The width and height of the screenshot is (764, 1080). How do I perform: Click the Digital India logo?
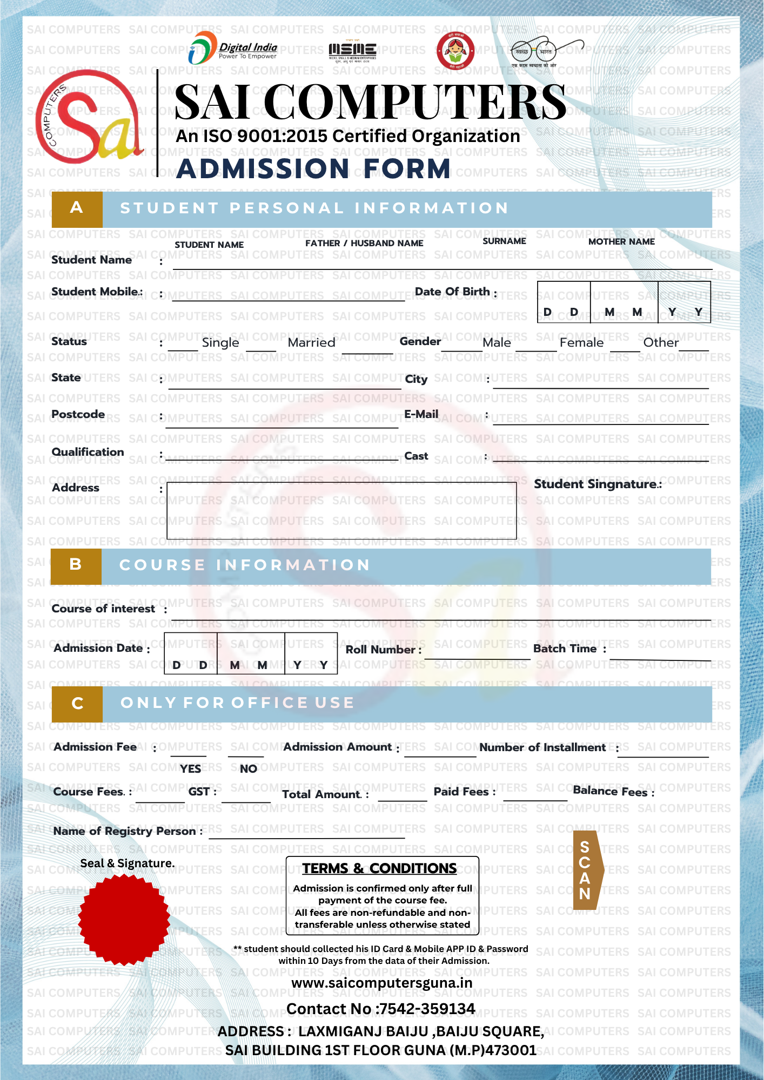pyautogui.click(x=233, y=49)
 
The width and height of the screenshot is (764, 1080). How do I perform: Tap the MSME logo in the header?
pyautogui.click(x=353, y=52)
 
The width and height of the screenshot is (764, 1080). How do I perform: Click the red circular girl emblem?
pyautogui.click(x=455, y=51)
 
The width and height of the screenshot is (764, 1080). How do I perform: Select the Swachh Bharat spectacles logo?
pyautogui.click(x=533, y=52)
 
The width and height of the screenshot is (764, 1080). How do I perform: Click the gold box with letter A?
pyautogui.click(x=77, y=208)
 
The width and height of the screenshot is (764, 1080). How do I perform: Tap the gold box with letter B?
pyautogui.click(x=76, y=565)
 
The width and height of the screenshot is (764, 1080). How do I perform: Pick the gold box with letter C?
pyautogui.click(x=77, y=704)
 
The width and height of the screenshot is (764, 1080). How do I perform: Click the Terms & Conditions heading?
pyautogui.click(x=379, y=868)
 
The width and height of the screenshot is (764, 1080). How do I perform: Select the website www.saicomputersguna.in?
pyautogui.click(x=382, y=983)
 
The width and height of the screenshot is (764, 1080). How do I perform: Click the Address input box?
pyautogui.click(x=341, y=510)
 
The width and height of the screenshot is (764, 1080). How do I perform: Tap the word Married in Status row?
pyautogui.click(x=311, y=343)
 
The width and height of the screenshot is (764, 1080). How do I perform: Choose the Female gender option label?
pyautogui.click(x=581, y=343)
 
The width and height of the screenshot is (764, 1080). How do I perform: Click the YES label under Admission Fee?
pyautogui.click(x=191, y=769)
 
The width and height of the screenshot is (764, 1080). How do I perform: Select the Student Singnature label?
pyautogui.click(x=597, y=484)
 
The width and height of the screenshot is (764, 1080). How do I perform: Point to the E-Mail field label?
pyautogui.click(x=421, y=414)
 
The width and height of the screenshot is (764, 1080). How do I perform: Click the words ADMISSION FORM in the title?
pyautogui.click(x=313, y=168)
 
